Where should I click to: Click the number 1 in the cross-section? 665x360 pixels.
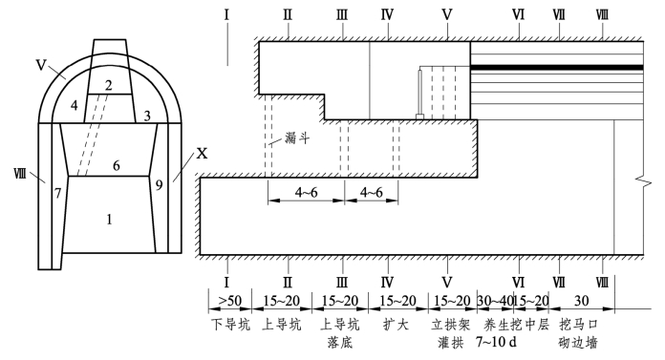(110, 220)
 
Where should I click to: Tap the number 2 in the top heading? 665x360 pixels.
(109, 86)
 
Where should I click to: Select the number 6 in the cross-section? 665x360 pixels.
(117, 165)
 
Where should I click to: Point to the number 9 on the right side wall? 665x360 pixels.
(159, 185)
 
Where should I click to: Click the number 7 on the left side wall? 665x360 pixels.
(58, 193)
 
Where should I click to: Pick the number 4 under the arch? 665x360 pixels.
(75, 105)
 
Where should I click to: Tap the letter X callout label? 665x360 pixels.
(202, 153)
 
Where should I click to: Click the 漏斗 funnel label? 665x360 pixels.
(297, 138)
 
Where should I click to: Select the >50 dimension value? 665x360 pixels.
(230, 301)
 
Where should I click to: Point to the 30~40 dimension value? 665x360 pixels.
(495, 301)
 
